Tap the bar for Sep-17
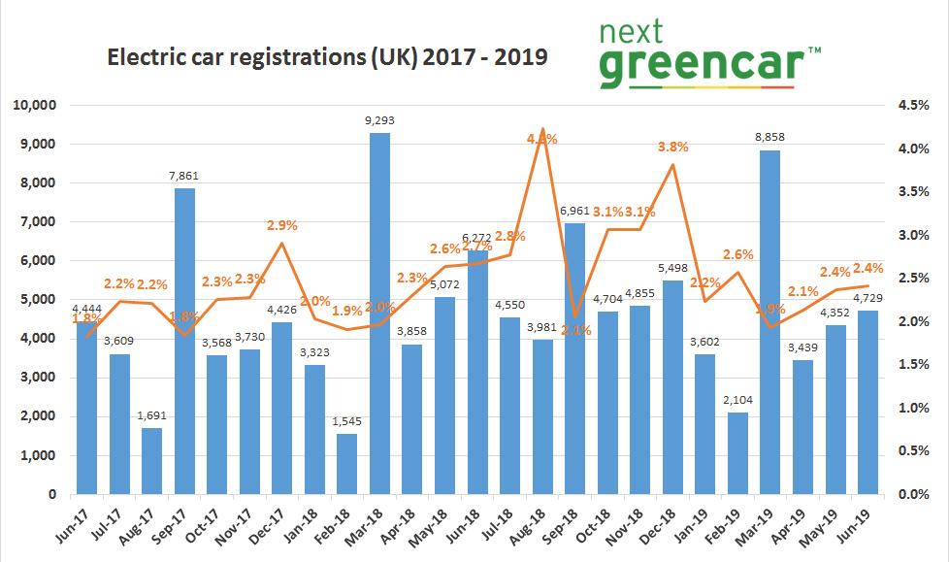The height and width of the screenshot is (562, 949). pos(184,341)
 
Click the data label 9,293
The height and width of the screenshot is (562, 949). pos(379,121)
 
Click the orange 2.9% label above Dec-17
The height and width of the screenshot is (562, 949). pos(281,225)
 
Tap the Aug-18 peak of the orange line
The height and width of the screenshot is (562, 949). pos(541,129)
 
